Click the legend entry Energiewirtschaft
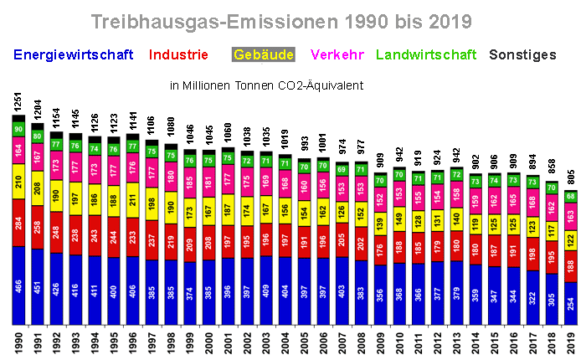click(x=74, y=55)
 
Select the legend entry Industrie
click(x=178, y=55)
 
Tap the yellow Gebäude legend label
click(x=264, y=55)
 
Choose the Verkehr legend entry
click(x=337, y=55)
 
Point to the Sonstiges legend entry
click(x=522, y=55)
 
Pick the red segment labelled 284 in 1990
click(x=18, y=223)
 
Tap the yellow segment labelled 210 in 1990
click(x=18, y=180)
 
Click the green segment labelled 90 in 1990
click(x=18, y=129)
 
